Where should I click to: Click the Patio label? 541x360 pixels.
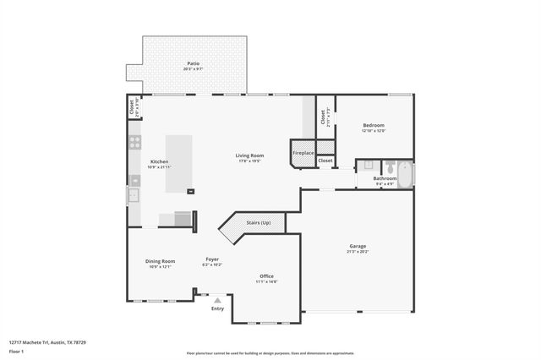click(194, 63)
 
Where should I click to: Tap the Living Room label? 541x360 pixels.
click(249, 155)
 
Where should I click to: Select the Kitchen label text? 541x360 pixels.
click(159, 161)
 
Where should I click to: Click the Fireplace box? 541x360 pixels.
click(303, 152)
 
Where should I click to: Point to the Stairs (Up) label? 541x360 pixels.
click(259, 222)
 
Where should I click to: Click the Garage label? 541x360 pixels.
click(358, 246)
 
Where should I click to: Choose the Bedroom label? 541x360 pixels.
click(374, 125)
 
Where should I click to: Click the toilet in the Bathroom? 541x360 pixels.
click(369, 166)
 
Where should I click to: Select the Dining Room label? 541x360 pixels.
click(160, 261)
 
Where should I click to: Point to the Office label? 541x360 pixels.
click(266, 276)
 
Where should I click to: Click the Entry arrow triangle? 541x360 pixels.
click(218, 299)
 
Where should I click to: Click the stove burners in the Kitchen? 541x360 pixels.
click(134, 143)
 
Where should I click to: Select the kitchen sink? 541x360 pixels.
click(134, 195)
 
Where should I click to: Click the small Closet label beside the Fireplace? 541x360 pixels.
click(325, 160)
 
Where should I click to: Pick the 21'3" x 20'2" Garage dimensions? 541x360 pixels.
click(358, 252)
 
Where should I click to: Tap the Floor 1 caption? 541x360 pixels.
click(17, 351)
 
